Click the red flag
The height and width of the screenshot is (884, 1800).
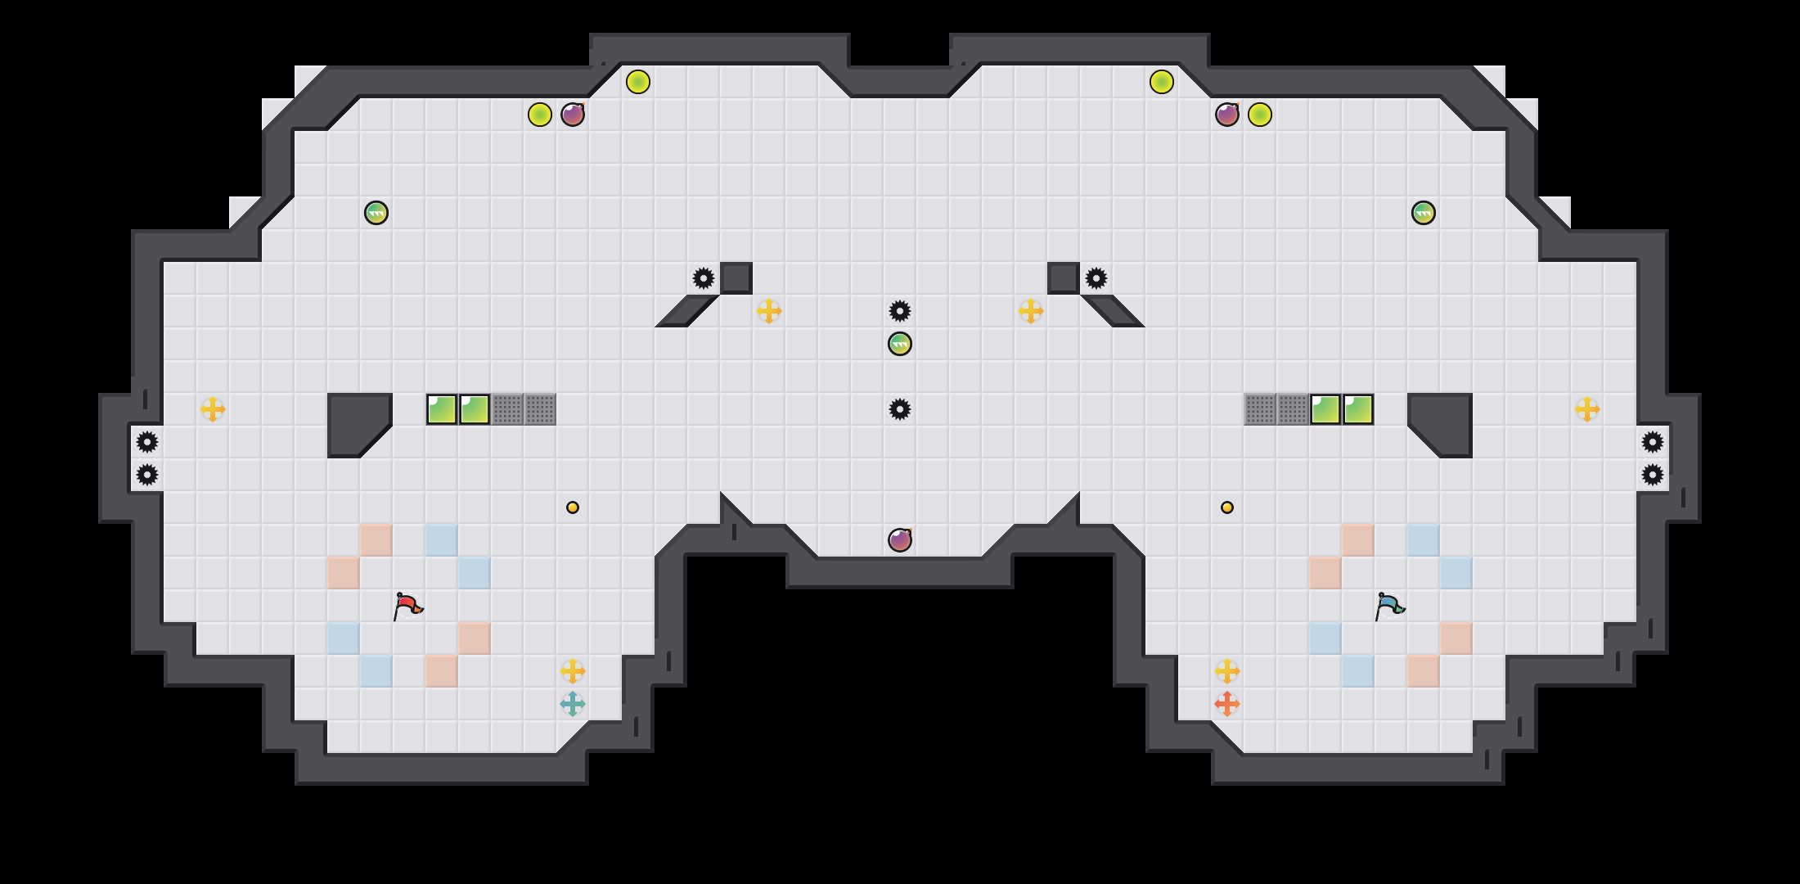(407, 607)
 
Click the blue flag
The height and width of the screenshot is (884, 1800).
(1389, 607)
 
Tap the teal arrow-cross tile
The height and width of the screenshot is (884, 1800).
(573, 704)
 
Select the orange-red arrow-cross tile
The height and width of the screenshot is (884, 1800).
(1227, 704)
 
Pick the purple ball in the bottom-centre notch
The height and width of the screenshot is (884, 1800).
(900, 540)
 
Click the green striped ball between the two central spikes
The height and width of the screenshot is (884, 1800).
(900, 344)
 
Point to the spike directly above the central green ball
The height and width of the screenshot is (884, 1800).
(900, 311)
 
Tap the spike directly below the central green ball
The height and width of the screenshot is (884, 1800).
(900, 409)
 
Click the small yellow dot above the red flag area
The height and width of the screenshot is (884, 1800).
(573, 507)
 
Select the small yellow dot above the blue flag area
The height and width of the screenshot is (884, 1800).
(1227, 507)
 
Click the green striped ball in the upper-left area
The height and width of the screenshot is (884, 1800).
(376, 213)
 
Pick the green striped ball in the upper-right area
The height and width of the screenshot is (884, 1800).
(1424, 213)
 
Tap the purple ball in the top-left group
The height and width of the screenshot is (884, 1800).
(573, 115)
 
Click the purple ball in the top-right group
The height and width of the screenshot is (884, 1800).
(1227, 115)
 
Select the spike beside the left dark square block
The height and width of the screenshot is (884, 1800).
(704, 278)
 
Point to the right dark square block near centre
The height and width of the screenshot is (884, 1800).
(1064, 278)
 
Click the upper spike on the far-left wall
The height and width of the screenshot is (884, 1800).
(147, 442)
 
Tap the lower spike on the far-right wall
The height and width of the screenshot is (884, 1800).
(1653, 475)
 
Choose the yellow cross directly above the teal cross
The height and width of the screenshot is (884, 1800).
(573, 671)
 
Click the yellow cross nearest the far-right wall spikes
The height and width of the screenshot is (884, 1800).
(1587, 409)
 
